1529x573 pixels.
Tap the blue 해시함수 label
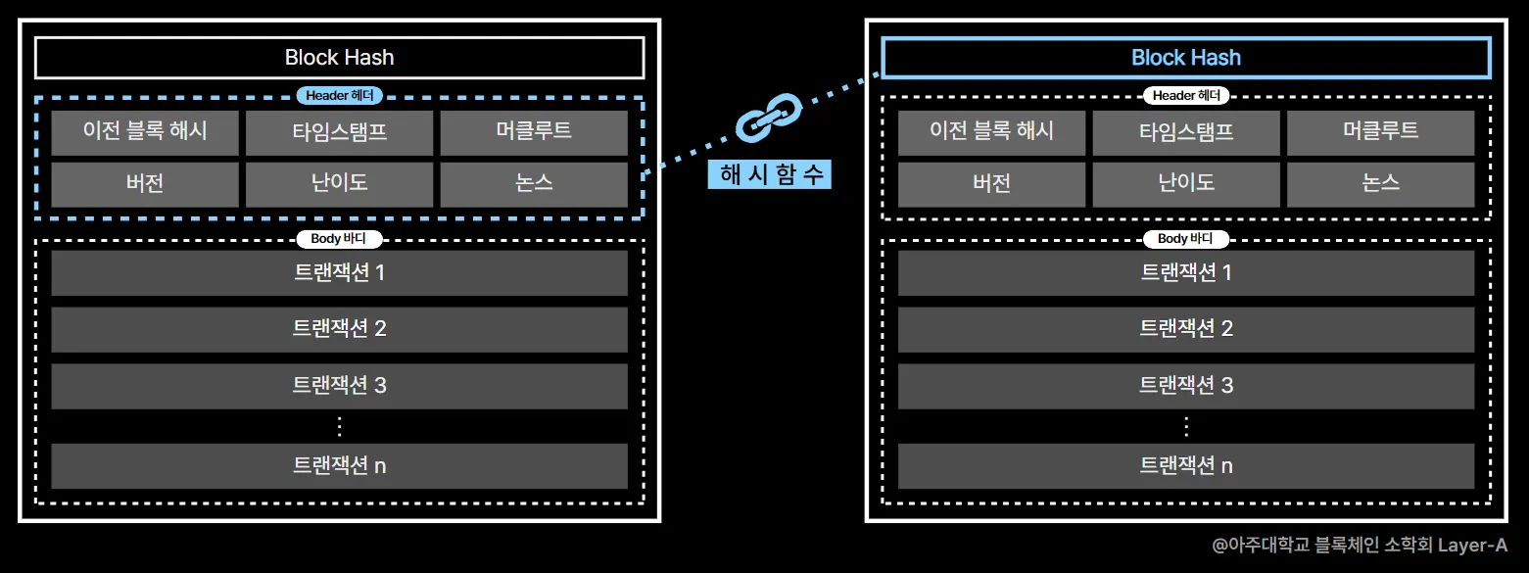(769, 174)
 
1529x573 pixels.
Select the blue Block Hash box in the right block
(1186, 58)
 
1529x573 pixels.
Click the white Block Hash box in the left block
(339, 58)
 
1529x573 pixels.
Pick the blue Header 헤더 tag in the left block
(339, 96)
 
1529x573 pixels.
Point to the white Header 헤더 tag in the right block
(1186, 96)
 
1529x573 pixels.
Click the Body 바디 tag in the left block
(339, 239)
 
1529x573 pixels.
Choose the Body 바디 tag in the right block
(1186, 239)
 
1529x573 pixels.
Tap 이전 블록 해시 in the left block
(145, 132)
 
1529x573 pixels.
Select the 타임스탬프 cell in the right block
(1186, 132)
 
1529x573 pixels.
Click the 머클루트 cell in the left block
(534, 132)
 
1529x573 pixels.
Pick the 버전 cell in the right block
(992, 184)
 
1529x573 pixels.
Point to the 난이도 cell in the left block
(339, 184)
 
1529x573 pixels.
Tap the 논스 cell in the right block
(1380, 184)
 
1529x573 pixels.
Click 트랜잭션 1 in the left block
(339, 272)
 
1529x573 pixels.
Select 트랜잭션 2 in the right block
(1186, 329)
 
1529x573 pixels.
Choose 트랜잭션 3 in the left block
(339, 386)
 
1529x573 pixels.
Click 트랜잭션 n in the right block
(1186, 465)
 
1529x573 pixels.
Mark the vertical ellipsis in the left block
(339, 426)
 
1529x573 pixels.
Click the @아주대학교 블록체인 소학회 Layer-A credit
(1360, 546)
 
